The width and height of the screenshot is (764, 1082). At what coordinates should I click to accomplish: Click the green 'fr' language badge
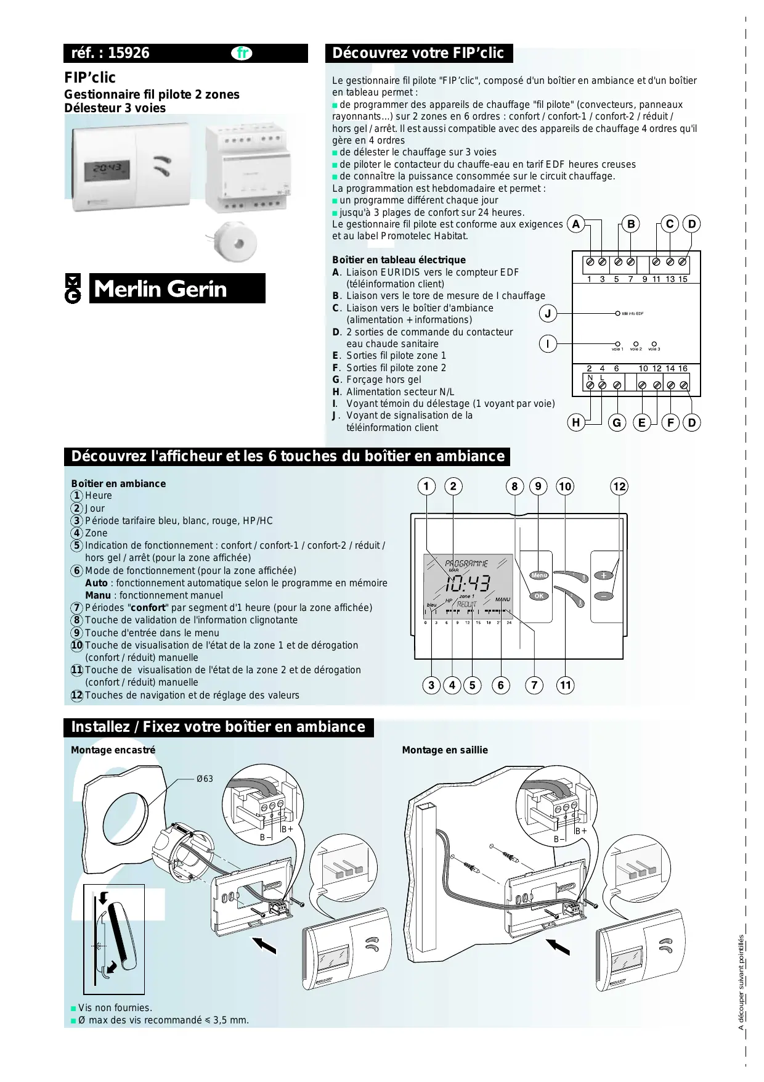tap(242, 53)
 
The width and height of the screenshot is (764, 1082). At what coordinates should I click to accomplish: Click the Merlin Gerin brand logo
tap(165, 289)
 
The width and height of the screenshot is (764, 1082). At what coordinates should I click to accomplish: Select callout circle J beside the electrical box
tap(548, 314)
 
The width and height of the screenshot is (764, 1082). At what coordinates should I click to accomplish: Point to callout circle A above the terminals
tap(575, 224)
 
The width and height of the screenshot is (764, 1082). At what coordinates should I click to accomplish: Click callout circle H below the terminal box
tap(576, 422)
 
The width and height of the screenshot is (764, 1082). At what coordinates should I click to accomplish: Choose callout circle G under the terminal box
tap(617, 422)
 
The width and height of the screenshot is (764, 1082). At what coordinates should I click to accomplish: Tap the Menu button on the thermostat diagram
tap(539, 575)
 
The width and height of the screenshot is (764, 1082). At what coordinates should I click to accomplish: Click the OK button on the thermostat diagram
tap(539, 596)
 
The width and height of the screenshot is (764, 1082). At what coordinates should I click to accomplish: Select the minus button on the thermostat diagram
tap(604, 596)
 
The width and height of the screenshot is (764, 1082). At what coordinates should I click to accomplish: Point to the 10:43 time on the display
tap(468, 583)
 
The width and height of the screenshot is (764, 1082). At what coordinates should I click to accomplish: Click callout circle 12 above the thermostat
tap(619, 486)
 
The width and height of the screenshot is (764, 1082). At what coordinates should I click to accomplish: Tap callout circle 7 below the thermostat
tap(534, 685)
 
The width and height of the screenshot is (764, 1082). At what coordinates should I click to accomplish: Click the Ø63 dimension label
tap(205, 779)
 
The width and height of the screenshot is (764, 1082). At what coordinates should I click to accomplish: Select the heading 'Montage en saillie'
tap(445, 750)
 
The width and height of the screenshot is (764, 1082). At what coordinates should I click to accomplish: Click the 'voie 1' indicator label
tap(617, 349)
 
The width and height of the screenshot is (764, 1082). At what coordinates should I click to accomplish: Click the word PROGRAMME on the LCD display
tap(466, 564)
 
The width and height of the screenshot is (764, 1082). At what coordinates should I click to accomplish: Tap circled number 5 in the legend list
tap(76, 546)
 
